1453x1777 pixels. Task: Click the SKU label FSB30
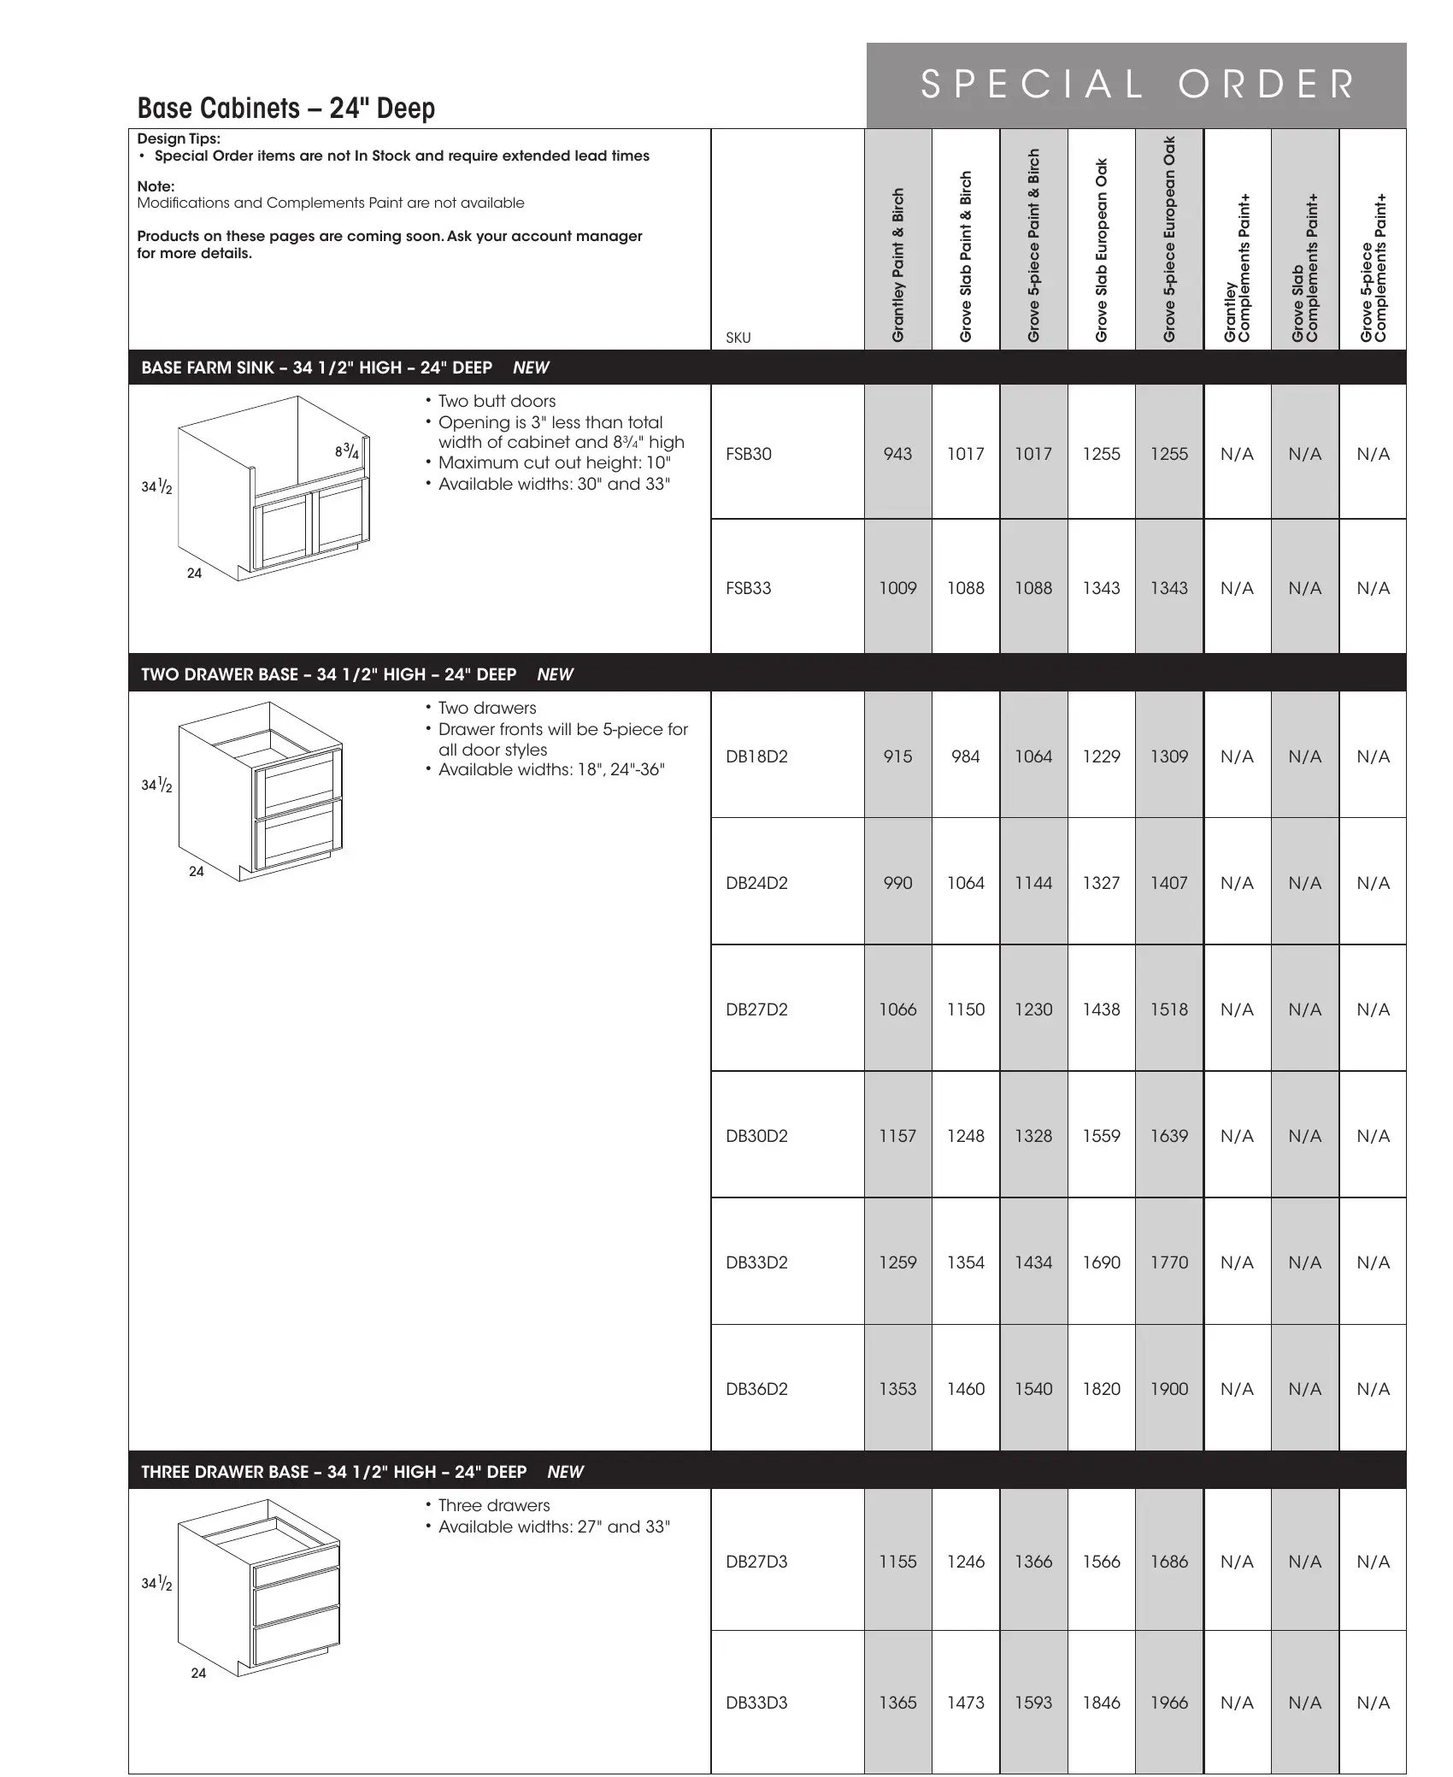pos(748,454)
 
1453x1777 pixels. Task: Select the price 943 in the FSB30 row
pos(897,454)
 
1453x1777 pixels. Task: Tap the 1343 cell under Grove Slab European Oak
pos(1101,588)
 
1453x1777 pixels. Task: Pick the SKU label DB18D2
pos(756,756)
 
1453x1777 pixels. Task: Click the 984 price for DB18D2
pos(965,756)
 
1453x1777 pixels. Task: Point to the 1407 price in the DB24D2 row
pos(1168,883)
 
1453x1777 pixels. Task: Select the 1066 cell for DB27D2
pos(897,1009)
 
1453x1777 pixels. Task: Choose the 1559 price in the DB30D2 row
pos(1101,1136)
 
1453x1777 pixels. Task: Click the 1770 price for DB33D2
pos(1168,1262)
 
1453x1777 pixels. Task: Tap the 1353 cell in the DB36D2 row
pos(897,1389)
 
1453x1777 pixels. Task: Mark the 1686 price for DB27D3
pos(1168,1562)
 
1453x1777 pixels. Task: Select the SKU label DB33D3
pos(756,1703)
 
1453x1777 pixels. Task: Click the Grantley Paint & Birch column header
pos(897,265)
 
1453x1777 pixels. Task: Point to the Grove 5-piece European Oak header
pos(1169,239)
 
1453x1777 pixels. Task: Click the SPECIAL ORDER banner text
pos(1137,85)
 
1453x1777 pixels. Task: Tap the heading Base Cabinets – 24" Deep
pos(286,109)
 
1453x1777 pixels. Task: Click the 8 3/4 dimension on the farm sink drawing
pos(346,451)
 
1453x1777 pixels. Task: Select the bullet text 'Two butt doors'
pos(497,401)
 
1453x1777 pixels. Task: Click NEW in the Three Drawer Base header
pos(565,1472)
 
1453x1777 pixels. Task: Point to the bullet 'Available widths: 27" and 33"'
pos(554,1527)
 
